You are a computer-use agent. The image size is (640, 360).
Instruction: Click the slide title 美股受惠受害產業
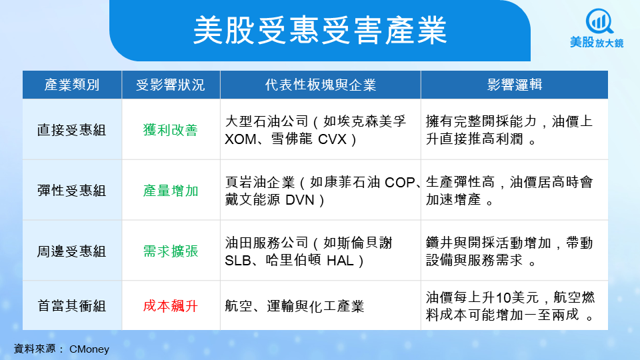point(320,30)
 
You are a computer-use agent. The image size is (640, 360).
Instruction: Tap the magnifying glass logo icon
point(599,21)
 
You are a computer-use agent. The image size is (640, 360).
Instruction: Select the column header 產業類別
point(72,85)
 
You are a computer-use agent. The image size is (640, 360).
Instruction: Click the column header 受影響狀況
point(171,85)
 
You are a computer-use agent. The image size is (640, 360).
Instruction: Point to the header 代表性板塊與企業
point(321,85)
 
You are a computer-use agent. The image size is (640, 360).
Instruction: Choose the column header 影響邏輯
point(514,85)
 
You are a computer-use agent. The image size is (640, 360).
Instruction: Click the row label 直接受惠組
point(72,130)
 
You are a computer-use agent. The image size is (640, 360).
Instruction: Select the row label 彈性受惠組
point(72,191)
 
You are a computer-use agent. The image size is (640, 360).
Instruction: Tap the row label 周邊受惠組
point(72,251)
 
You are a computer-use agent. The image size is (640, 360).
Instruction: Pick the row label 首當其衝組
point(72,306)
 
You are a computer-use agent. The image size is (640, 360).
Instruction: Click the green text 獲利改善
point(171,130)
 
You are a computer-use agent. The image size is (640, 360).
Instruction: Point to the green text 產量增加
point(171,191)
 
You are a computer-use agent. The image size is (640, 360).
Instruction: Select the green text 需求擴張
point(171,251)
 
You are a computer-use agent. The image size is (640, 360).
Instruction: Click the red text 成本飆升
point(171,306)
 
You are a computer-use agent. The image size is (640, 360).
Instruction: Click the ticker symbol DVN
point(300,200)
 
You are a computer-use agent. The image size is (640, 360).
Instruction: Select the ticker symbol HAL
point(340,261)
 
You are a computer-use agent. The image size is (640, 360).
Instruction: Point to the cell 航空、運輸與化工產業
point(294,306)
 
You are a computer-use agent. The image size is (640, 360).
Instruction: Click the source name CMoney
point(89,349)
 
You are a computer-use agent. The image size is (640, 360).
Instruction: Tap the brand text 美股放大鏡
point(597,43)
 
